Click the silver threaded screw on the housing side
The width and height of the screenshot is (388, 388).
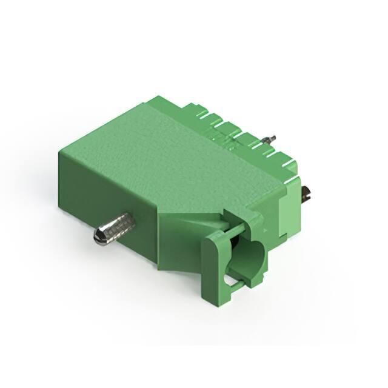pyautogui.click(x=115, y=228)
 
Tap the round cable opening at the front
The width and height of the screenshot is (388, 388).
pyautogui.click(x=249, y=257)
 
